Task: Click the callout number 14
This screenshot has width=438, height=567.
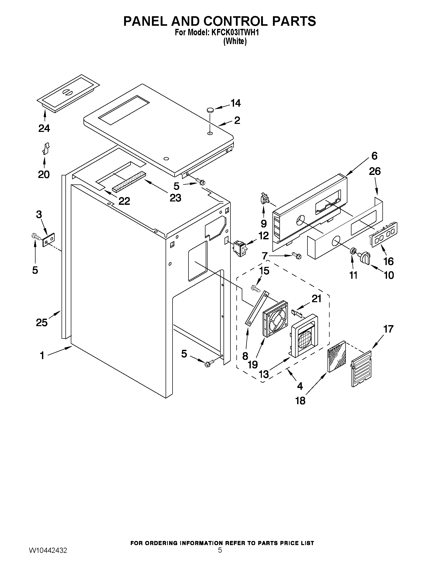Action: coord(236,103)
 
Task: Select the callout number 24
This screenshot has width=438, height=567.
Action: coord(44,128)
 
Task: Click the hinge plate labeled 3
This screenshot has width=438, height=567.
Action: coord(49,240)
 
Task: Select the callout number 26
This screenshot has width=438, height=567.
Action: coord(375,171)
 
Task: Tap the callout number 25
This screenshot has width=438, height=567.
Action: coord(42,323)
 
